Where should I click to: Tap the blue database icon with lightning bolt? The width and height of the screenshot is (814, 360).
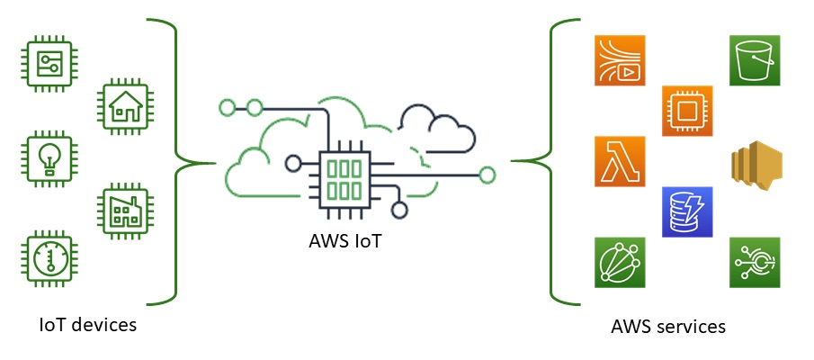687,211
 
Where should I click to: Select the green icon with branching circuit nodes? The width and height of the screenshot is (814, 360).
754,263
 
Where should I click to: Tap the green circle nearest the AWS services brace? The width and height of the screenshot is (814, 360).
488,175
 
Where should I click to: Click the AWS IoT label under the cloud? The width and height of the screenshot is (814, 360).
340,241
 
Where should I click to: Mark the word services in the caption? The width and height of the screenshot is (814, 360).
692,326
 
